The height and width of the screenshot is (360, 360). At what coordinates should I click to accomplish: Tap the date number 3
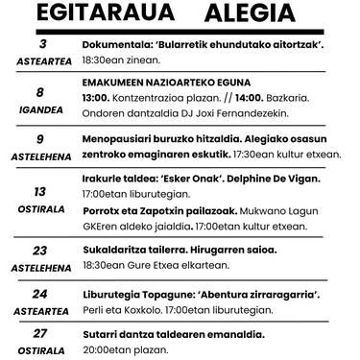[40, 44]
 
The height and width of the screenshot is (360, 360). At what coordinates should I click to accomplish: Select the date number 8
[40, 94]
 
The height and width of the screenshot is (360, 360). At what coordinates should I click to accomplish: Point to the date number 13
[40, 191]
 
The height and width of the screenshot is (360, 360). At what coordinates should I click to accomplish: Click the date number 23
[40, 251]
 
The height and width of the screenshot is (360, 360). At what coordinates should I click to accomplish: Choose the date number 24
[40, 294]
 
